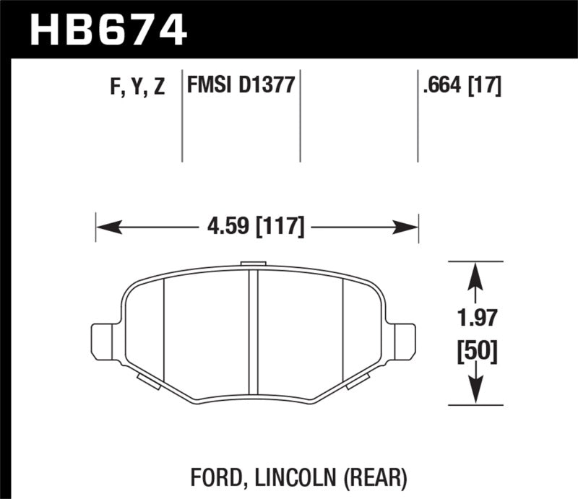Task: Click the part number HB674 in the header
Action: click(108, 30)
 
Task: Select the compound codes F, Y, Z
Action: click(139, 87)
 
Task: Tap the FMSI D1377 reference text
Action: click(240, 87)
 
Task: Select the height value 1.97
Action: click(474, 318)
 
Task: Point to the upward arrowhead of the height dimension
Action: click(474, 274)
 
